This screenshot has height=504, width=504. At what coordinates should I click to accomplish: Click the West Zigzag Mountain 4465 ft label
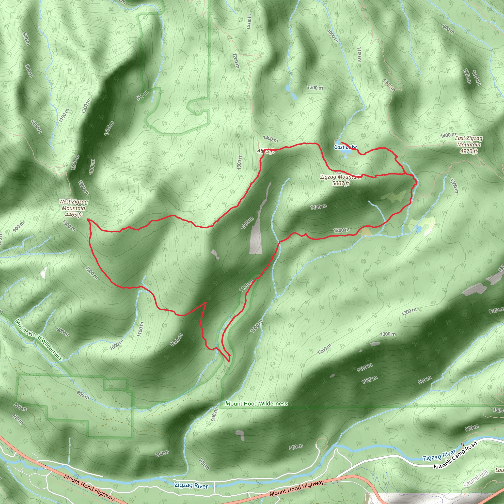pyautogui.click(x=73, y=208)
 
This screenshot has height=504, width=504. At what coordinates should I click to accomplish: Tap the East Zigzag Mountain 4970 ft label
pyautogui.click(x=469, y=144)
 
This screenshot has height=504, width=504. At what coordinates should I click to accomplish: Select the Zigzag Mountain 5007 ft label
pyautogui.click(x=340, y=180)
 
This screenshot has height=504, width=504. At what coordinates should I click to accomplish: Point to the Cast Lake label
pyautogui.click(x=345, y=147)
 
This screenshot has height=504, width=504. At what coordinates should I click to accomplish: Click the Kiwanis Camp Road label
pyautogui.click(x=455, y=455)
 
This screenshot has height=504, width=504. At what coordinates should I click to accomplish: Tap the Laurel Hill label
pyautogui.click(x=475, y=478)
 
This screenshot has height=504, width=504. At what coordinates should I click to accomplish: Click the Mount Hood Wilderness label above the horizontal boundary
pyautogui.click(x=256, y=404)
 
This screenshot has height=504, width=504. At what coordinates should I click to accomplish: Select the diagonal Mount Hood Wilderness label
pyautogui.click(x=39, y=340)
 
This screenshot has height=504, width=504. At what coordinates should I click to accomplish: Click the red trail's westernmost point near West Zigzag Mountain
pyautogui.click(x=87, y=220)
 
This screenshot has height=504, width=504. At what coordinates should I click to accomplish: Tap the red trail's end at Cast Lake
pyautogui.click(x=342, y=142)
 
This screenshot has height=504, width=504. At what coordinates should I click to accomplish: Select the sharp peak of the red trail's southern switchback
pyautogui.click(x=206, y=302)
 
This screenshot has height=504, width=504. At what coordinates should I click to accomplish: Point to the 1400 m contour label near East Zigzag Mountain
pyautogui.click(x=448, y=135)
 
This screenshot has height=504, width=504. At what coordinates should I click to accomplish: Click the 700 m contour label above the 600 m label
pyautogui.click(x=20, y=406)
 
